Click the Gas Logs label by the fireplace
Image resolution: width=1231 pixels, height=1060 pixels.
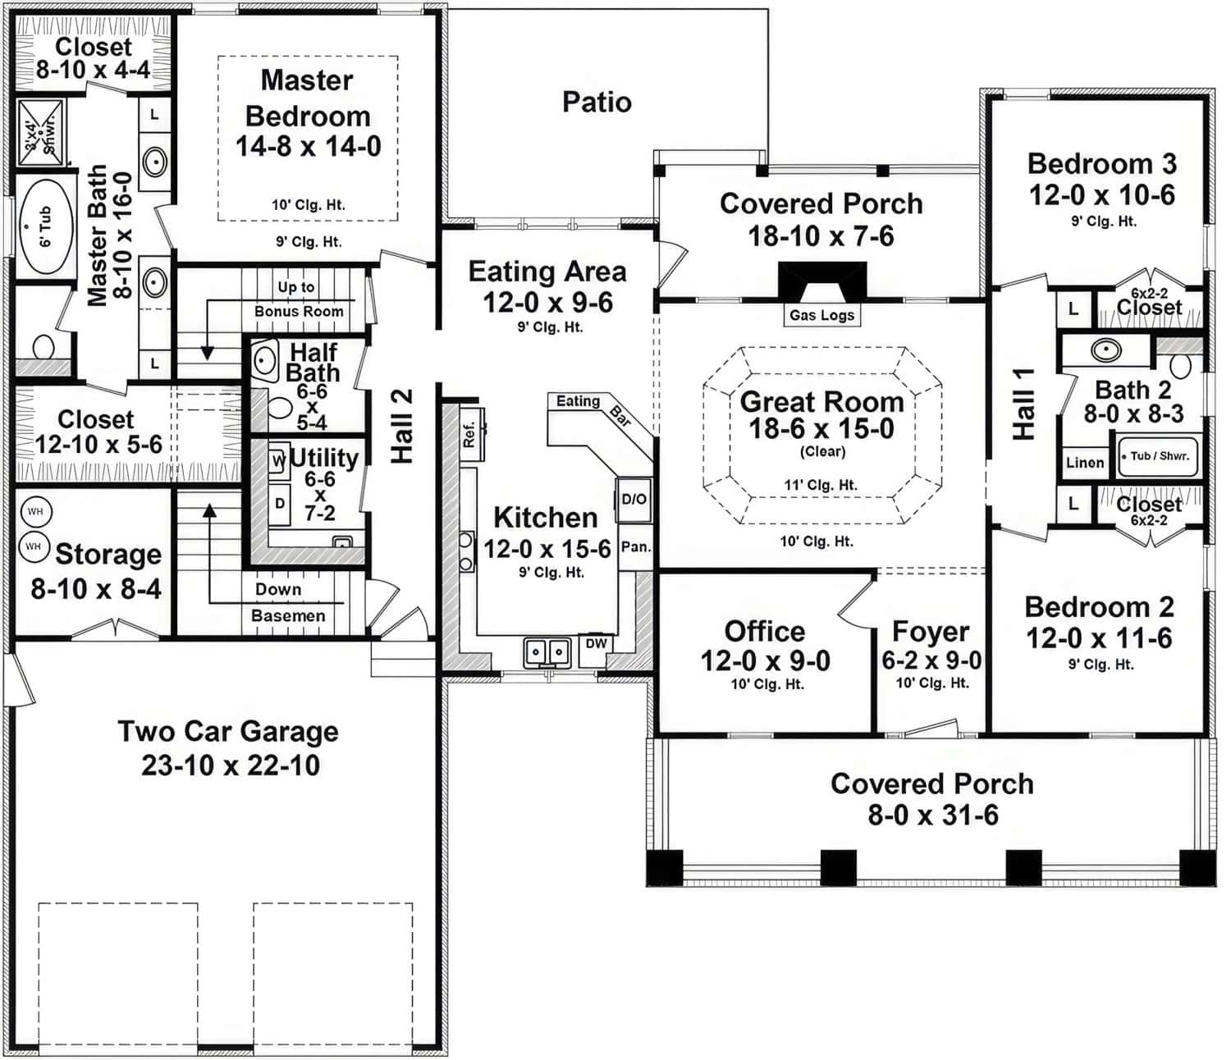pos(821,315)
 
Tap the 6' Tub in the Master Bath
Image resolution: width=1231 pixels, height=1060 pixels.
pos(45,226)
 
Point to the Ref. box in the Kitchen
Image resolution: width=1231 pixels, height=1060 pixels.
pos(470,434)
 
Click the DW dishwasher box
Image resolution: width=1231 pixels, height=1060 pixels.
pos(596,645)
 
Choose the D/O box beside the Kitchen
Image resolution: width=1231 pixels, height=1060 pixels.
pos(634,499)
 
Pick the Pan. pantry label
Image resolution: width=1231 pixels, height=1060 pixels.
pos(635,546)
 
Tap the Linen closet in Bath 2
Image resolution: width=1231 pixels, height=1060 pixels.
pos(1084,463)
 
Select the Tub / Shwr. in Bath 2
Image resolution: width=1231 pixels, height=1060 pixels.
pos(1158,456)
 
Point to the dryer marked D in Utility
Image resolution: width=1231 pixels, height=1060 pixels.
pos(279,503)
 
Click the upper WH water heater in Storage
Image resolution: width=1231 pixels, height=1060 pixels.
pos(35,512)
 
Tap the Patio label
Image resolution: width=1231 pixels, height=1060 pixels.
pos(597,103)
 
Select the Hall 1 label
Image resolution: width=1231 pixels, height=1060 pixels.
pos(1023,404)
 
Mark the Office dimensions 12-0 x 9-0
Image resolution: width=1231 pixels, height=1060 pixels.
pos(765,660)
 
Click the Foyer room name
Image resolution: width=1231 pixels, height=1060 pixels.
pos(931,632)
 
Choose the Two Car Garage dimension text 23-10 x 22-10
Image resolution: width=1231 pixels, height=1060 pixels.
pos(231,765)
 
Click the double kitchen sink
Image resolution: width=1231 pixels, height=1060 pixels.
pos(547,652)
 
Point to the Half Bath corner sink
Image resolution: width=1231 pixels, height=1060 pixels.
pos(263,360)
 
